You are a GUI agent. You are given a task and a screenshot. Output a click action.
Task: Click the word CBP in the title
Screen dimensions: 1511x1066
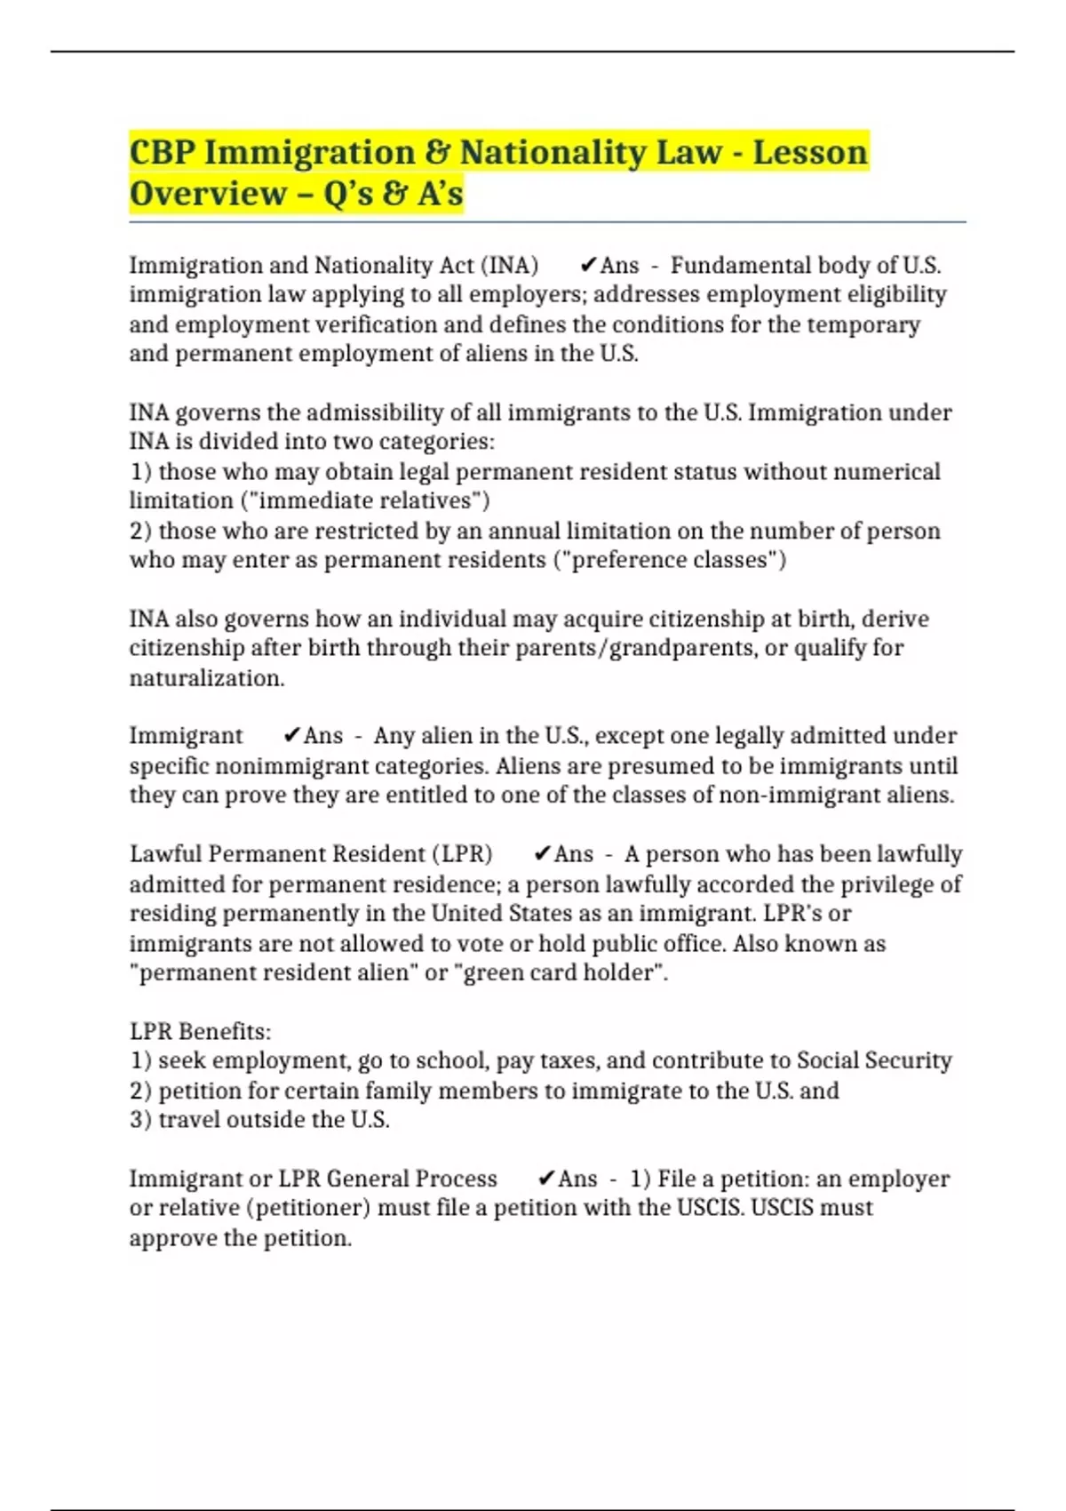point(162,152)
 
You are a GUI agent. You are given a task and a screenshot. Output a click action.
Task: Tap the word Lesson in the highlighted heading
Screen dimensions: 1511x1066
point(809,152)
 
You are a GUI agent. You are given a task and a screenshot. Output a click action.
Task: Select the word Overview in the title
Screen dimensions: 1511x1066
point(208,193)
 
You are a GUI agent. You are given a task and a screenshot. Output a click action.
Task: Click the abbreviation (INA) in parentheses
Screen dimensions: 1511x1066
point(509,266)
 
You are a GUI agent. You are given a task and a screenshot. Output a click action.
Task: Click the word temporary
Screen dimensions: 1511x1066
point(863,324)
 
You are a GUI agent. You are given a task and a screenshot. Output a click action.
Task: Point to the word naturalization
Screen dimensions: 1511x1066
point(207,678)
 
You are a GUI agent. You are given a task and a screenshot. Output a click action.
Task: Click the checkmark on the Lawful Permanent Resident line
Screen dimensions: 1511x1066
point(543,854)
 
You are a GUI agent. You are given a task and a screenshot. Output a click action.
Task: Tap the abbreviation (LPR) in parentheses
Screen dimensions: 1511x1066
point(462,854)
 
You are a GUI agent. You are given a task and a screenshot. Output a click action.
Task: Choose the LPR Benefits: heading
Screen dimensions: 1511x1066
point(200,1032)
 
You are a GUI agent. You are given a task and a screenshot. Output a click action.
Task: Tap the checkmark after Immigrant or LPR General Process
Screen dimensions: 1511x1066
point(547,1179)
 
